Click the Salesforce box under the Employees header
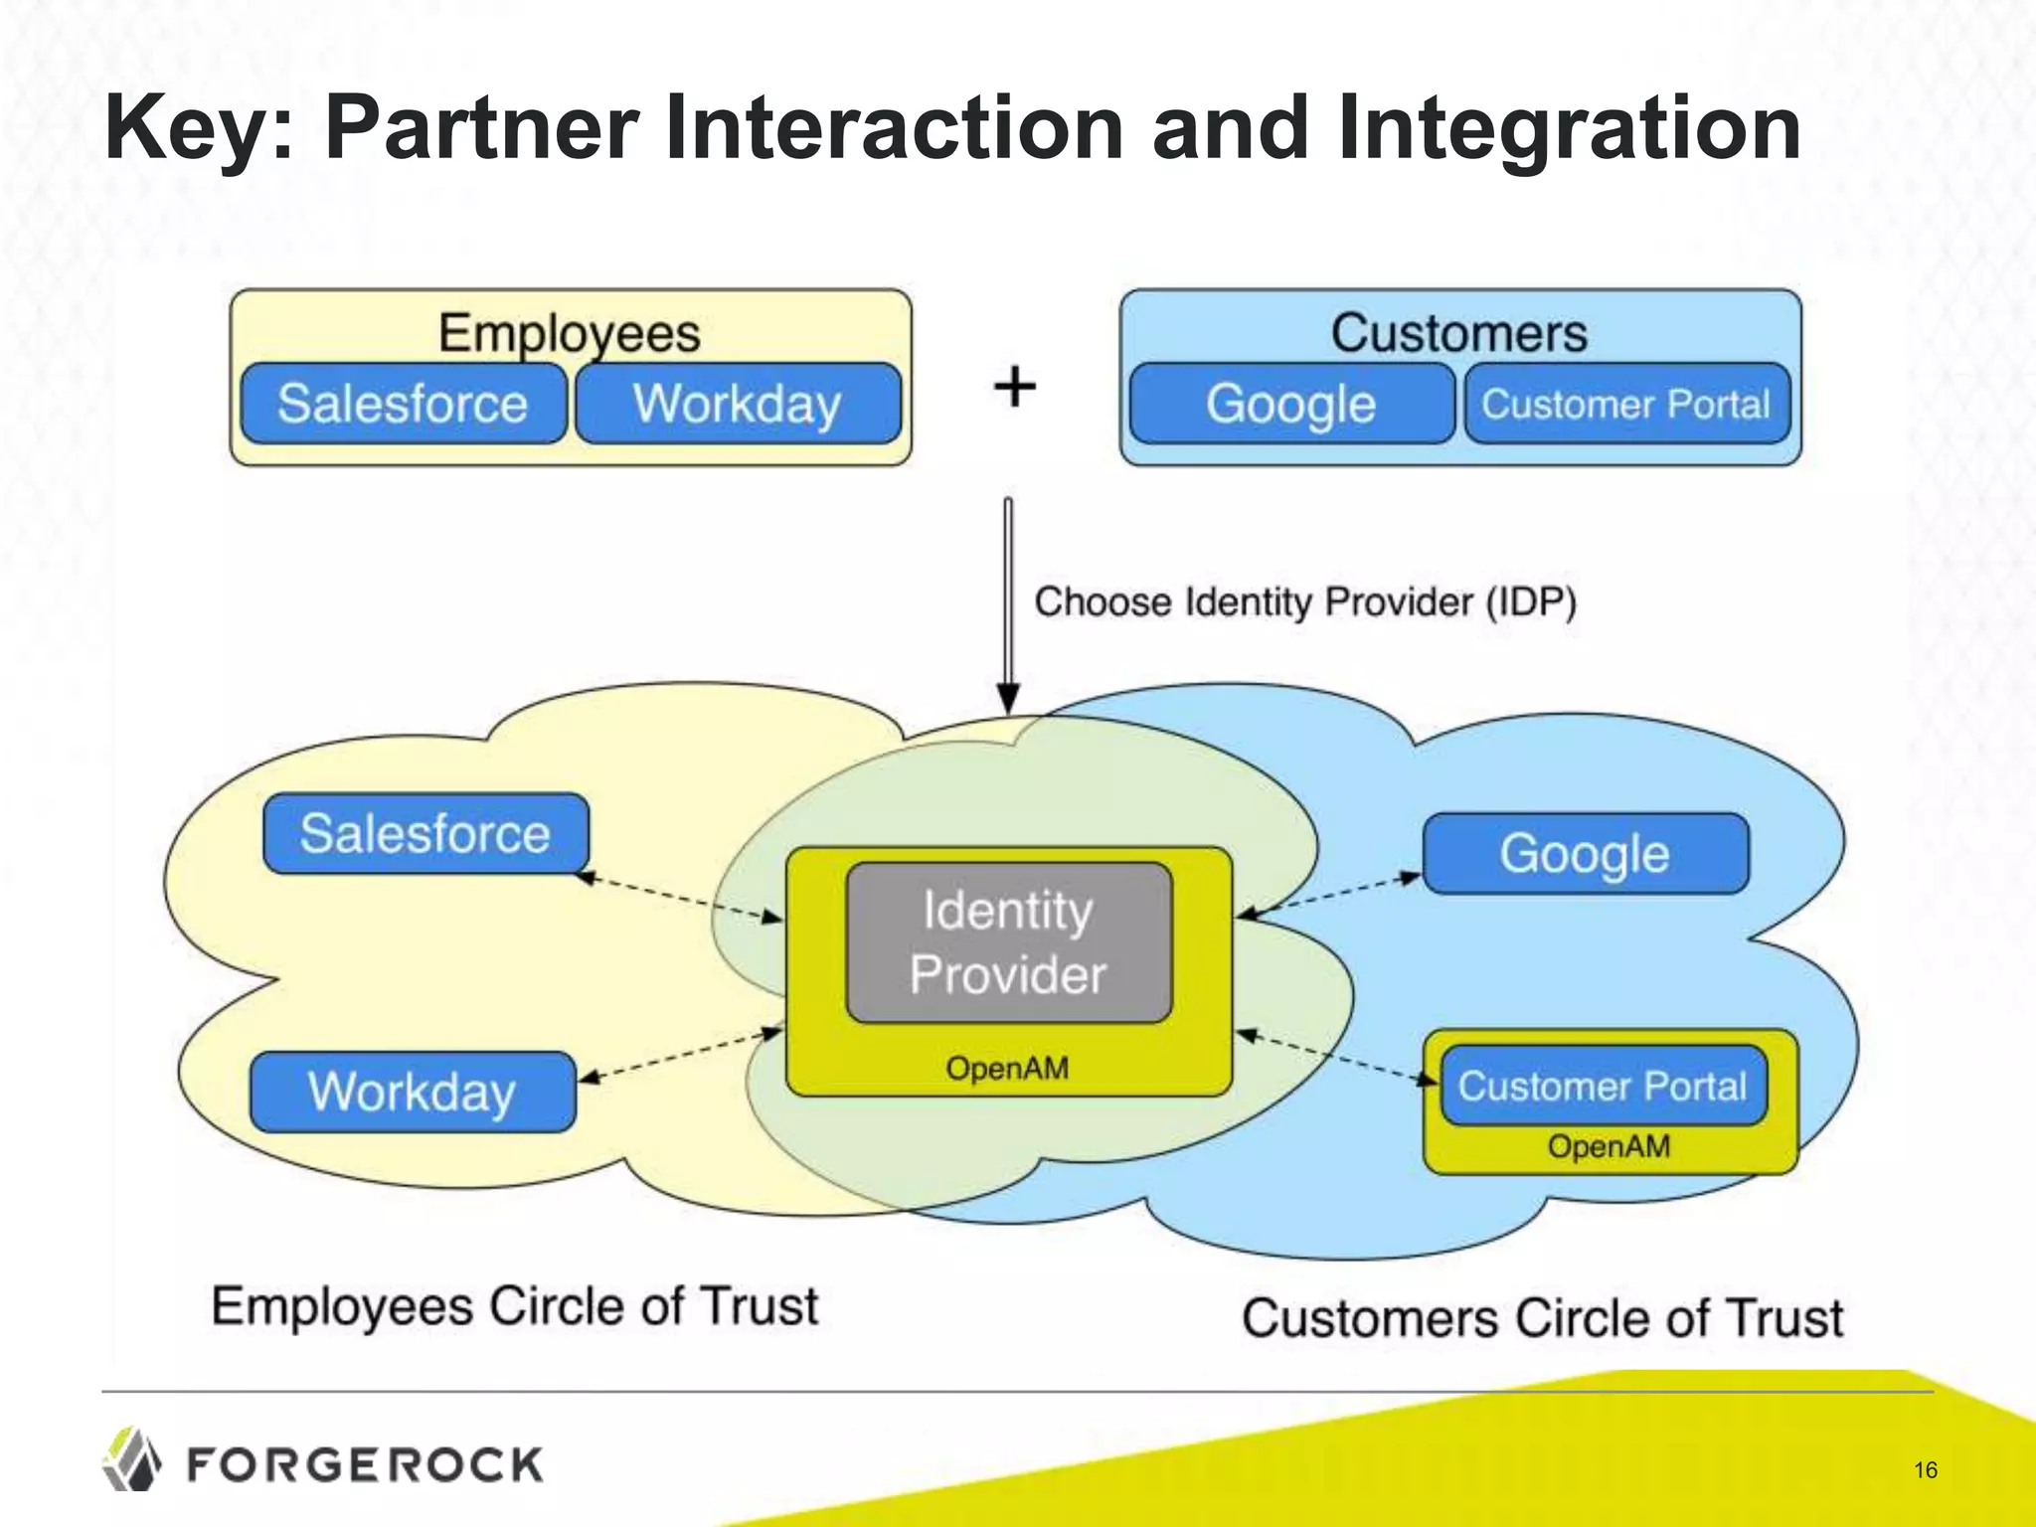click(403, 404)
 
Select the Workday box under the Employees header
click(738, 404)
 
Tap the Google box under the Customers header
click(1290, 404)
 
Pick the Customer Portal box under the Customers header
click(1626, 404)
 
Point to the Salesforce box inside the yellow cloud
click(425, 833)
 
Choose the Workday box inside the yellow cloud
click(413, 1092)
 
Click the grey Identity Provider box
click(1008, 941)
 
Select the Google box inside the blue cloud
click(1585, 853)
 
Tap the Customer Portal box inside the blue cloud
click(1603, 1086)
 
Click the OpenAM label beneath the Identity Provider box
click(1007, 1069)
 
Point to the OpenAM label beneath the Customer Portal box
click(1609, 1146)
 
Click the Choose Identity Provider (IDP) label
click(1304, 602)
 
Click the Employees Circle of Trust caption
click(515, 1306)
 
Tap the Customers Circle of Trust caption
click(1542, 1319)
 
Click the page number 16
click(1926, 1469)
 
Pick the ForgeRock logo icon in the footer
click(132, 1459)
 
